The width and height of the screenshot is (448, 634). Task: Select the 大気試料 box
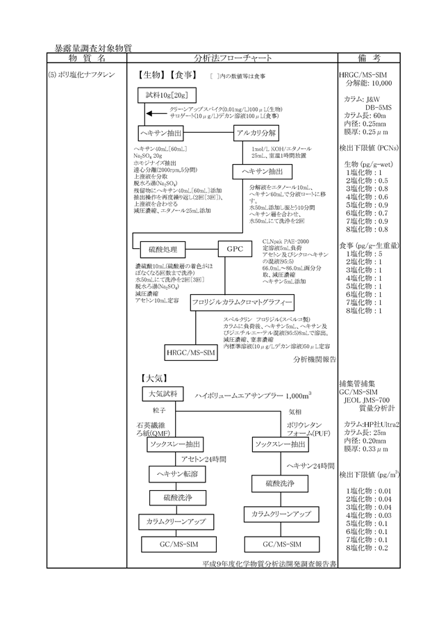point(159,394)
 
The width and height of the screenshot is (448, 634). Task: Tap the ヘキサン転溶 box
point(174,473)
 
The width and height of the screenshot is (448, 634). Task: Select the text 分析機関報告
point(314,359)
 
